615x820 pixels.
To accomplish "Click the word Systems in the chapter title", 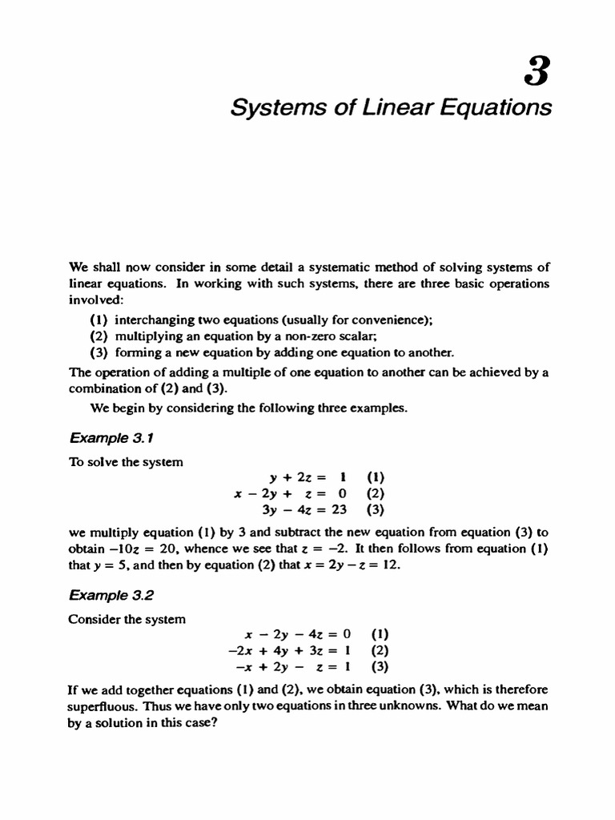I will point(267,107).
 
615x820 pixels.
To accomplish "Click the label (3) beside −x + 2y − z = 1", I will point(380,666).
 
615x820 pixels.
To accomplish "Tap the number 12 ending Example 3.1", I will point(388,565).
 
